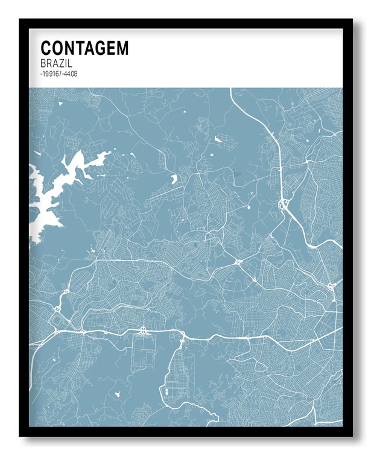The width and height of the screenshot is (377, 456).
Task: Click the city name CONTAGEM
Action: (x=84, y=48)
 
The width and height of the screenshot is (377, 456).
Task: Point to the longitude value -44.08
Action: (x=71, y=74)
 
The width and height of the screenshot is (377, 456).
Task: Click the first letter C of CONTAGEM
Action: (x=45, y=48)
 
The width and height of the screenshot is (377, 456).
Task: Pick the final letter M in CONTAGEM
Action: (x=122, y=48)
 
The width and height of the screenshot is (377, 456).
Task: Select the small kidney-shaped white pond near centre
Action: (x=174, y=179)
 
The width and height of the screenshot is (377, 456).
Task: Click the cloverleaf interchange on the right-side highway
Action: (x=283, y=205)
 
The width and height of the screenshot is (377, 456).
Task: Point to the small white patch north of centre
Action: (x=218, y=140)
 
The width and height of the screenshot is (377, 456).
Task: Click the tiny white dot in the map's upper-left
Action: (x=60, y=103)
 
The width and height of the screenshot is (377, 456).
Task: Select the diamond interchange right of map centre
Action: (x=239, y=262)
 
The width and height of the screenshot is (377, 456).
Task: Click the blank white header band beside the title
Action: (x=241, y=57)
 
